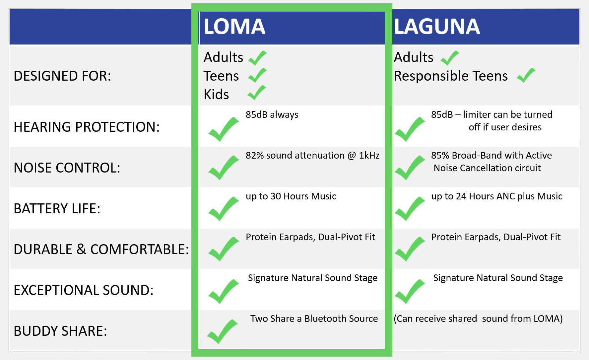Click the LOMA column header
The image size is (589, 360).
point(234,27)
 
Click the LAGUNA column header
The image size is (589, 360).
point(437,27)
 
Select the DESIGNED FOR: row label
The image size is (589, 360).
point(62,76)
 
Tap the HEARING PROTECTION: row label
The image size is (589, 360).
point(87,127)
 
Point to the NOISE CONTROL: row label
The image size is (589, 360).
point(67,168)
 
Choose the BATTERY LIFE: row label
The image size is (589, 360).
point(57,209)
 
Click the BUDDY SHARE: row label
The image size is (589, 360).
point(60,331)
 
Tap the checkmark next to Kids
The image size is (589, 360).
point(257,93)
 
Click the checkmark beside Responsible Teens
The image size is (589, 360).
point(526,75)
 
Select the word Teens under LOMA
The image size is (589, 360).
point(221,76)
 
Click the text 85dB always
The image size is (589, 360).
point(272,115)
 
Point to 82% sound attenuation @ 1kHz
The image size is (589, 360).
point(312,156)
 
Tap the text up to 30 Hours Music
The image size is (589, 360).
point(291,196)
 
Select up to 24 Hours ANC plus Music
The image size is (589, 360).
point(497,196)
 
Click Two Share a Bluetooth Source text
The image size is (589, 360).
point(314,319)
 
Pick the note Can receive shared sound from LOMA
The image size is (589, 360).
point(478,319)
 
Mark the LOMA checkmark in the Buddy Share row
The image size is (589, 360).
point(223,331)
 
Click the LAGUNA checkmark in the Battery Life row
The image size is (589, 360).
point(410,209)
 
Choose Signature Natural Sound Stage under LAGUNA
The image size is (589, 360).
point(498,278)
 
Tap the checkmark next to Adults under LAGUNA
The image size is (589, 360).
point(450,58)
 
